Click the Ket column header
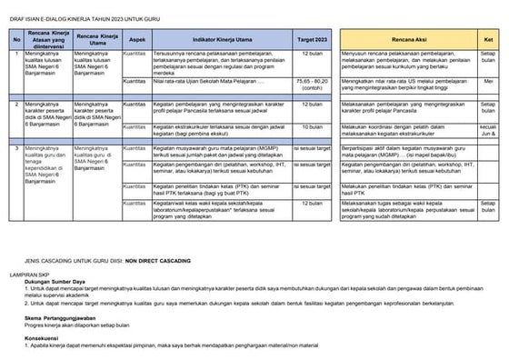[488, 41]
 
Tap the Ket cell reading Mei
[488, 81]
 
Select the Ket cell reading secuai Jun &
[488, 130]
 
